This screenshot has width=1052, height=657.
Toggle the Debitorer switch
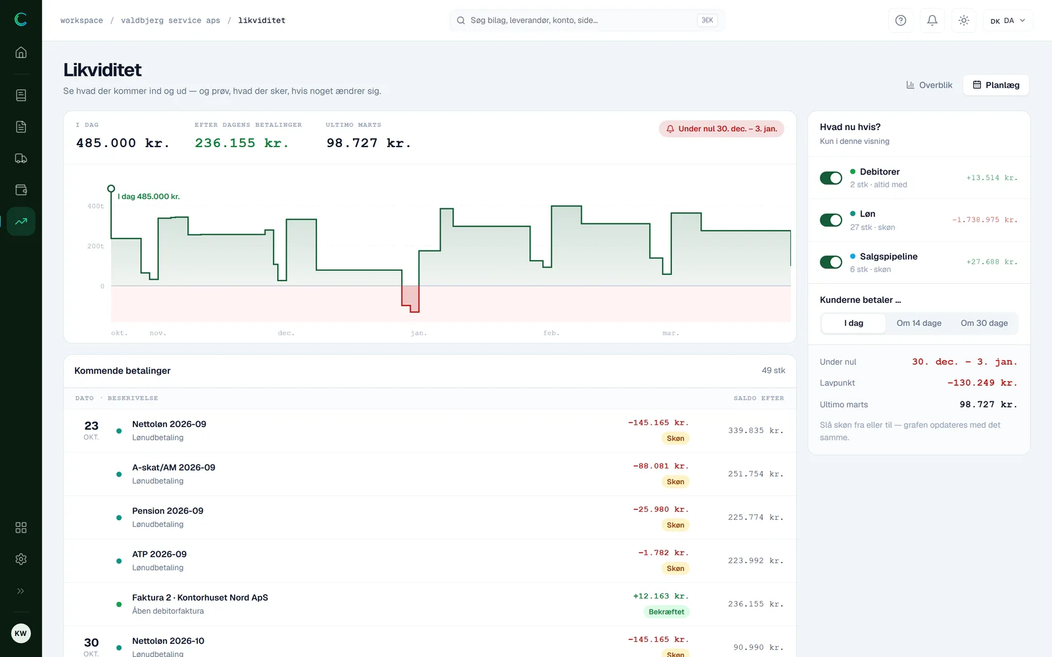click(x=831, y=178)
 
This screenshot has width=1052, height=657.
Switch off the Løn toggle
click(x=831, y=220)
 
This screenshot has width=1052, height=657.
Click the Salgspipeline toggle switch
click(x=831, y=262)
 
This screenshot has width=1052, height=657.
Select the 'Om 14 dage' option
click(x=919, y=323)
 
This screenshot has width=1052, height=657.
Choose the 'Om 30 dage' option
click(x=984, y=323)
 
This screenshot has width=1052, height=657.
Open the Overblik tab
click(x=929, y=85)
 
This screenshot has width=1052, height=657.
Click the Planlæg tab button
click(x=995, y=85)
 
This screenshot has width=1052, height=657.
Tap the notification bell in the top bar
click(x=932, y=20)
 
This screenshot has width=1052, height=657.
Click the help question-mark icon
click(x=900, y=20)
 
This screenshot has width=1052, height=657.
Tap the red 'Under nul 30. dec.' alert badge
click(x=721, y=129)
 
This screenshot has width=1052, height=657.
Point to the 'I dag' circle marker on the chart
click(x=111, y=189)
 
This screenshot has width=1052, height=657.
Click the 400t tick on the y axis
click(x=95, y=206)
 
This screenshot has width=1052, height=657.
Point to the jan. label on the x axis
click(x=418, y=332)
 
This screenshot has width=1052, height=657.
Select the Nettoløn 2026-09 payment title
click(x=169, y=424)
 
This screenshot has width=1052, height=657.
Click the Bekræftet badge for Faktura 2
click(x=666, y=612)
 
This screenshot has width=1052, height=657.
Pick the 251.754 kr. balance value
click(x=755, y=474)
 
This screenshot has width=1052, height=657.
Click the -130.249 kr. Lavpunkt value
click(x=982, y=382)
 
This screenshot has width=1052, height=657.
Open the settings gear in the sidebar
click(x=20, y=559)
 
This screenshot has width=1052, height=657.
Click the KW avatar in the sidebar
click(x=20, y=633)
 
